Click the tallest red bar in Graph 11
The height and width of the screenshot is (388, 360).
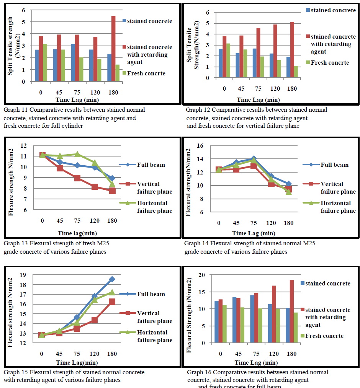[113, 49]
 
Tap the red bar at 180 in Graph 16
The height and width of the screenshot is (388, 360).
[292, 311]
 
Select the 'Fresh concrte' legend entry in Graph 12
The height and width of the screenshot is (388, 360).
[330, 62]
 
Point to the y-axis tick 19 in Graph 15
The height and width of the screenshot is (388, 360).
[23, 275]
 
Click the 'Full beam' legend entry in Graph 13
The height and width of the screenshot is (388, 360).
[151, 165]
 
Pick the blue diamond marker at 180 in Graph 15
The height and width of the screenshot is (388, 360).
[112, 279]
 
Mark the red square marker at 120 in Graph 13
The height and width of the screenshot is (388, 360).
[95, 187]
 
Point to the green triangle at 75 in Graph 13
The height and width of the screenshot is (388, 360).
[77, 154]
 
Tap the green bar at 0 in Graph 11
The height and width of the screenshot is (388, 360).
[45, 63]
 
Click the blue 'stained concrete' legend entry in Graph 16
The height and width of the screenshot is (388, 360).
[327, 284]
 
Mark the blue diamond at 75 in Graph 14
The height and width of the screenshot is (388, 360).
[253, 158]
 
